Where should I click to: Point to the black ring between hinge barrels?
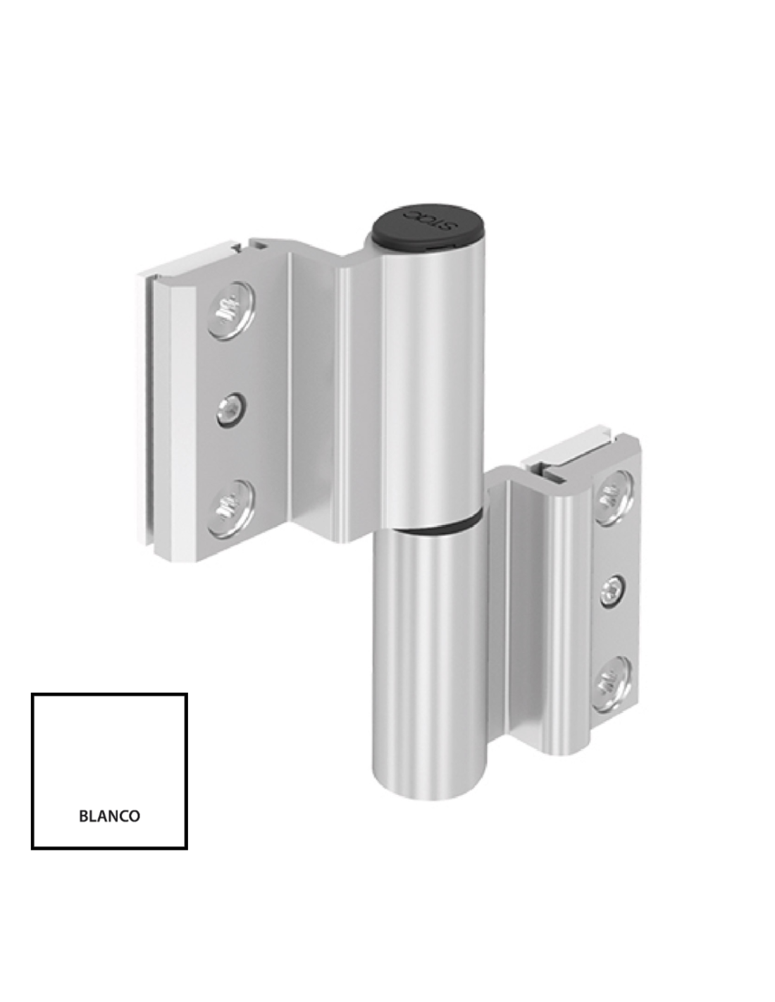(435, 528)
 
